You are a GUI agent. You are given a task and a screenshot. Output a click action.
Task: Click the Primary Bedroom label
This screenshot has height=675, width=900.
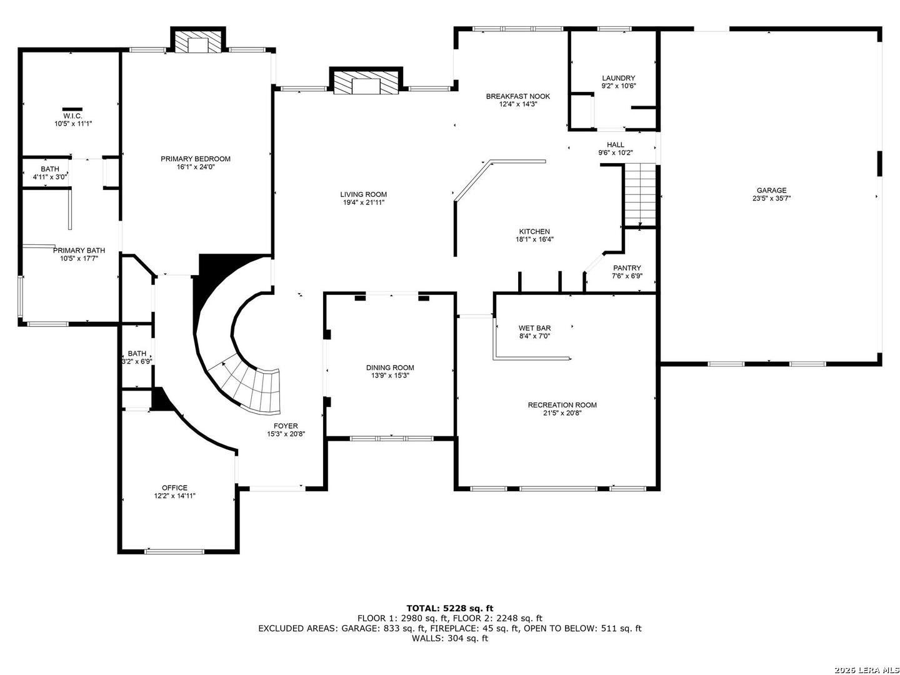click(195, 159)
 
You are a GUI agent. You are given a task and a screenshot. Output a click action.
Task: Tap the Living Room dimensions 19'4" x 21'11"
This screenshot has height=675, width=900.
click(363, 202)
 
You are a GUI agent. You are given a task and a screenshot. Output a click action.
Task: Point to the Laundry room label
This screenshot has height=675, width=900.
click(618, 78)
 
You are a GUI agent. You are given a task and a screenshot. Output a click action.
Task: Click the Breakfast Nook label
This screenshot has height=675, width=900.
click(518, 96)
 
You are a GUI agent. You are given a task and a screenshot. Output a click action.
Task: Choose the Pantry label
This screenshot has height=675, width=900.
click(627, 268)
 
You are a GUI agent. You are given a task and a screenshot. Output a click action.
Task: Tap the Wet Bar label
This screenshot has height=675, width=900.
click(534, 328)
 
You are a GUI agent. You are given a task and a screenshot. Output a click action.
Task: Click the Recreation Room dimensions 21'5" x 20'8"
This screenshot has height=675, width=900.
click(562, 412)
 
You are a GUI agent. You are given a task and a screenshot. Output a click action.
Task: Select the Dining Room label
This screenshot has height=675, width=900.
click(390, 367)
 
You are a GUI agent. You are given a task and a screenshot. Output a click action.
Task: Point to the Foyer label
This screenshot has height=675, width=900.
click(286, 426)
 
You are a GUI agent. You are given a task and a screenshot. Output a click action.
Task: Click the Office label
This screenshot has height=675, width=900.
click(174, 487)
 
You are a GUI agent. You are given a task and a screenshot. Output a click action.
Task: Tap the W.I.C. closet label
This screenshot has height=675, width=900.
click(72, 116)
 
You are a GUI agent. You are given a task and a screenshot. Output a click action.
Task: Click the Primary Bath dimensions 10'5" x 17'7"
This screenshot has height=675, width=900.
click(79, 258)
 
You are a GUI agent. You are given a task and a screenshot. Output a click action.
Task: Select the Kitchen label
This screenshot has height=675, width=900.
click(534, 231)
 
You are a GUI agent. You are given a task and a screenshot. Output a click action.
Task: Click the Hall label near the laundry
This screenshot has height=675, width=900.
click(616, 144)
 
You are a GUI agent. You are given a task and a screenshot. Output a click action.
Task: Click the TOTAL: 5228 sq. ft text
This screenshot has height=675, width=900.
click(450, 608)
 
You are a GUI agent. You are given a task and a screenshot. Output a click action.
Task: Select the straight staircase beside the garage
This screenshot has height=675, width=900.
click(639, 194)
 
